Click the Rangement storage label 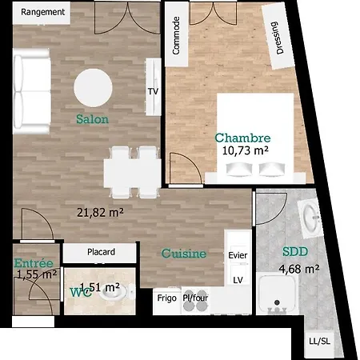(x=42, y=12)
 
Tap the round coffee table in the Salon (x=93, y=88)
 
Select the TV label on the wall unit (x=153, y=91)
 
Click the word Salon (x=92, y=119)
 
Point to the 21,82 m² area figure (x=100, y=213)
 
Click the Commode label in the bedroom (x=176, y=35)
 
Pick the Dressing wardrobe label (x=276, y=38)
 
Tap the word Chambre (x=242, y=138)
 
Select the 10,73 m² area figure (x=246, y=150)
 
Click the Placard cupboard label (x=101, y=252)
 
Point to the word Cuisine (x=184, y=254)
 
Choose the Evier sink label (x=238, y=255)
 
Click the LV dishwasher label (x=238, y=280)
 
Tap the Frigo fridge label (x=167, y=298)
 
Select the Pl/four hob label (x=195, y=298)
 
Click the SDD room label (x=295, y=252)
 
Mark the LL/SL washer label (x=319, y=341)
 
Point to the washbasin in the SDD (x=311, y=219)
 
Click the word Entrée (x=34, y=263)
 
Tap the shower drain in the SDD (x=277, y=302)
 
